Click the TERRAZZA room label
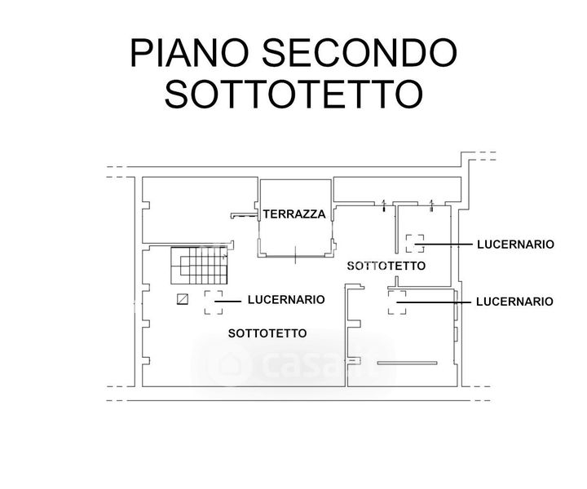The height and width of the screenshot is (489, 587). (294, 215)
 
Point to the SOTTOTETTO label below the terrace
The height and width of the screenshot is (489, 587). (386, 267)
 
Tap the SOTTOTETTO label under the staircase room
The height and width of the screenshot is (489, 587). (267, 333)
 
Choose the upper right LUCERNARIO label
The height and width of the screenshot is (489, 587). (515, 244)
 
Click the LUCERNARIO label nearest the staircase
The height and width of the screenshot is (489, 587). (285, 300)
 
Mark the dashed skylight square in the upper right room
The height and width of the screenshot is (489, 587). (415, 242)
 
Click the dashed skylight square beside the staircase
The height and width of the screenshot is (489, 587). (214, 302)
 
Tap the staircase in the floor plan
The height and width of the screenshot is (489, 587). (201, 268)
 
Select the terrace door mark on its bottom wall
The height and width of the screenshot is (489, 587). (293, 258)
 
